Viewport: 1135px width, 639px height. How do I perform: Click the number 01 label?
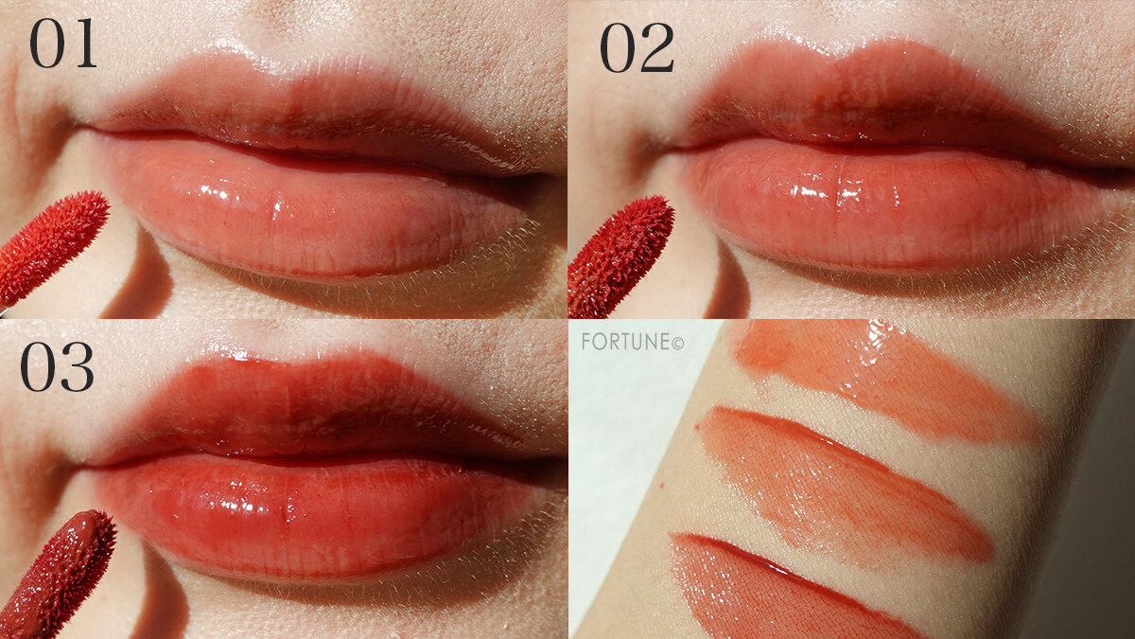(62, 44)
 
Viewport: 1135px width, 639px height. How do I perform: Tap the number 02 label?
(637, 48)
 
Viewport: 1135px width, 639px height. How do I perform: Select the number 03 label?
(58, 366)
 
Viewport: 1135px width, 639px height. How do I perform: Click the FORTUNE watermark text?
(633, 342)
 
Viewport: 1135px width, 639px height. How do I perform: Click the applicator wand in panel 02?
(620, 257)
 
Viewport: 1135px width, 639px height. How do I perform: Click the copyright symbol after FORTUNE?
(677, 344)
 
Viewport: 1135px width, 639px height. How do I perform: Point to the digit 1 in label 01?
(84, 44)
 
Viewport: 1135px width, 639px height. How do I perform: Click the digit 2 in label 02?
(658, 48)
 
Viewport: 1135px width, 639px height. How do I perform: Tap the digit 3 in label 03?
(79, 367)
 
